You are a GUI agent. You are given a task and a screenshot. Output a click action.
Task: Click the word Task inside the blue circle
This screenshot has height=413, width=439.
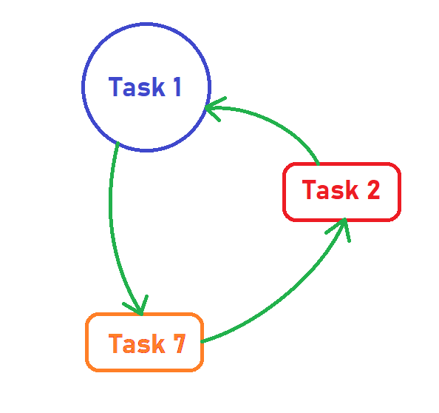(x=137, y=87)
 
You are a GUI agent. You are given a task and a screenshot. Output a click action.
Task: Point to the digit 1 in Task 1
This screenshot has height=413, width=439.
(x=177, y=87)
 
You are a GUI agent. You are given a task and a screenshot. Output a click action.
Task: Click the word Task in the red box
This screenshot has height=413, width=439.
(x=330, y=189)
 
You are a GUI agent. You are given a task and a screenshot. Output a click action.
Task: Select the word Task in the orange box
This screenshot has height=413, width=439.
(x=137, y=343)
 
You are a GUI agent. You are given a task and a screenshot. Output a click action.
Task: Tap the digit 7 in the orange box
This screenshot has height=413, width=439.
(x=179, y=343)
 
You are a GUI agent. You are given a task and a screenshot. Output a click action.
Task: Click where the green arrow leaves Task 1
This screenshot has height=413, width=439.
(x=118, y=144)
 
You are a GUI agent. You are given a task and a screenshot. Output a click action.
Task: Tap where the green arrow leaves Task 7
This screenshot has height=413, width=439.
(x=203, y=341)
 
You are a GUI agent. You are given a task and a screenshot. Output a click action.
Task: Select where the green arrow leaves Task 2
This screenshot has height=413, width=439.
(x=318, y=164)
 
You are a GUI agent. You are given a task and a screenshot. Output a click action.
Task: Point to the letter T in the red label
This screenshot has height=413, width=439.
(x=309, y=189)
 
